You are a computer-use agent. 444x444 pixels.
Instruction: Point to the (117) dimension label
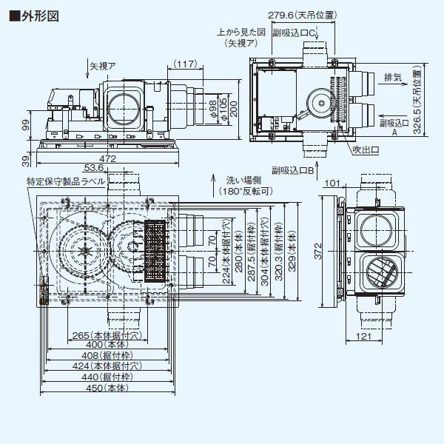186,66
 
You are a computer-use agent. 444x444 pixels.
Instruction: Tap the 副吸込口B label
294,169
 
